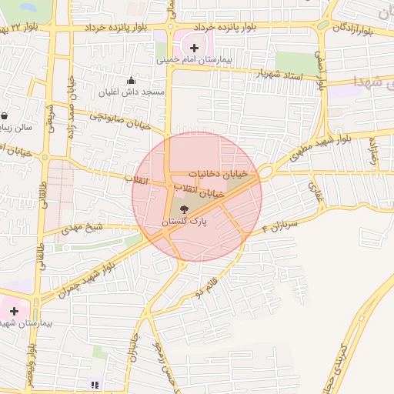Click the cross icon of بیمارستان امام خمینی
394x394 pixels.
coord(194,48)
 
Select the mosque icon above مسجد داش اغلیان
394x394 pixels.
coord(131,80)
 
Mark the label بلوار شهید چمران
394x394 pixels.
coord(89,278)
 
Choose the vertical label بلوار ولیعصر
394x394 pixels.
coord(32,362)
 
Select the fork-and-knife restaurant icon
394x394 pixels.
coord(95,384)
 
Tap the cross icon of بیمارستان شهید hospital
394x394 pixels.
coord(14,311)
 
